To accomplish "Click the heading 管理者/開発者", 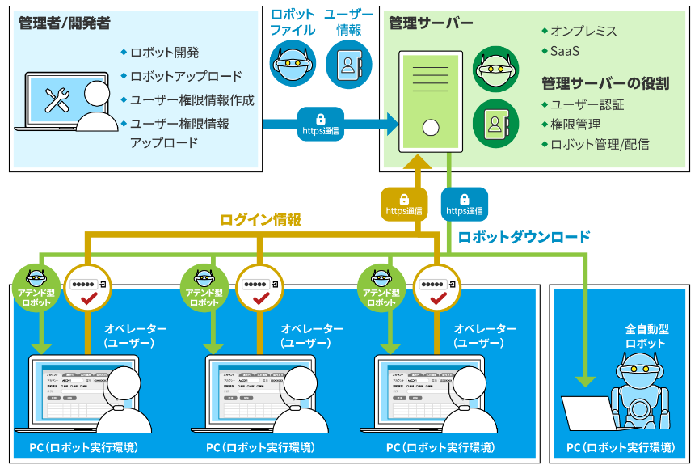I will (64, 23).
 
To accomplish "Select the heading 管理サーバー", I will (431, 23).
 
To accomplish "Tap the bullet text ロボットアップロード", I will (185, 77).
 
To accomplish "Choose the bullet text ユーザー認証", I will (587, 105).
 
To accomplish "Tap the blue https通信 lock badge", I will (320, 124).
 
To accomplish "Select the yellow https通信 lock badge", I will (404, 205).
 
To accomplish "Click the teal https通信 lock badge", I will (465, 205).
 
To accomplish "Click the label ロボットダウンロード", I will (524, 238).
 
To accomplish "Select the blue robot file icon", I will (292, 65).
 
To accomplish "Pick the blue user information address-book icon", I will (348, 65).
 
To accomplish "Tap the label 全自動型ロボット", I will (646, 336).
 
